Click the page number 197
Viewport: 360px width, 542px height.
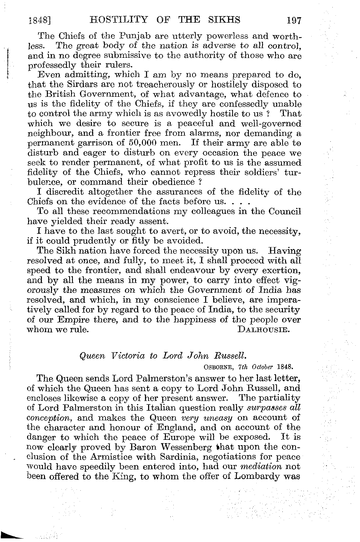click(293, 21)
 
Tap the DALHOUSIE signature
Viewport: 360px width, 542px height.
click(264, 330)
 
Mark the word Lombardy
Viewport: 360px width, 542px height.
click(261, 477)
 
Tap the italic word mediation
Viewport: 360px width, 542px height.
click(262, 467)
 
